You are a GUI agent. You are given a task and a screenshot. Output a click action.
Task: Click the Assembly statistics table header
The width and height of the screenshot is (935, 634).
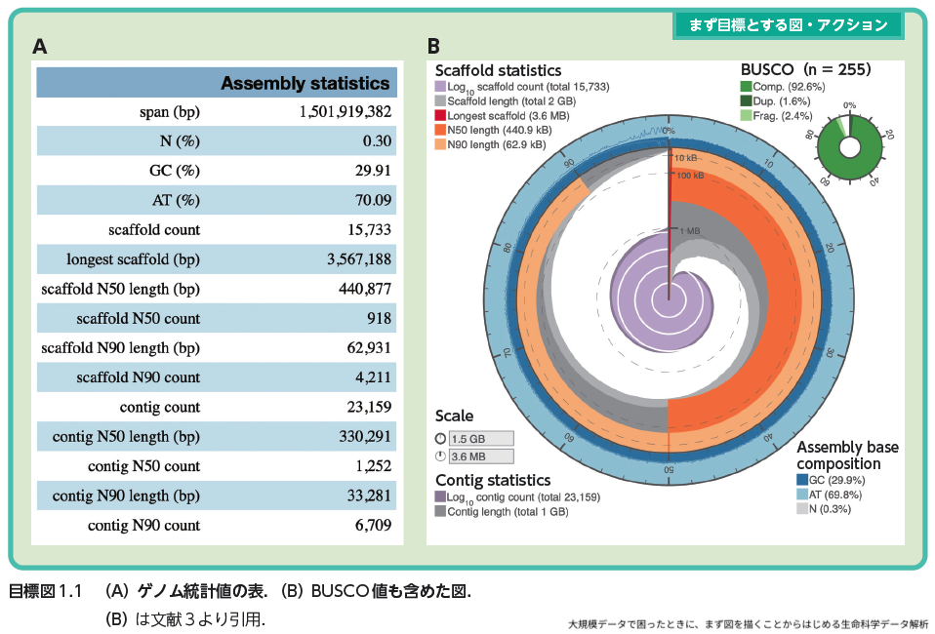[x=305, y=83]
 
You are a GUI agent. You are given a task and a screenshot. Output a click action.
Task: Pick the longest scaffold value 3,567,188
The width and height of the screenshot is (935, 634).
[x=359, y=259]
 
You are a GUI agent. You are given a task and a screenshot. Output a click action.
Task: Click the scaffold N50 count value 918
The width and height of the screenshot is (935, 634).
[x=379, y=318]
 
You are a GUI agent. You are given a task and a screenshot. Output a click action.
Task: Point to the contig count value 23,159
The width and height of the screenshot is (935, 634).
[x=366, y=407]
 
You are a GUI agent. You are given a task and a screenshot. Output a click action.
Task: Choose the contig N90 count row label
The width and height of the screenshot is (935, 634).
[x=144, y=525]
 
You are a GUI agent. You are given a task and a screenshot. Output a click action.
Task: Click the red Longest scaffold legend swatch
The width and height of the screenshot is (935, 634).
[x=440, y=116]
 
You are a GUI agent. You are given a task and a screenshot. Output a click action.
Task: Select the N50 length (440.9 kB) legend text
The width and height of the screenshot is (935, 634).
[x=498, y=130]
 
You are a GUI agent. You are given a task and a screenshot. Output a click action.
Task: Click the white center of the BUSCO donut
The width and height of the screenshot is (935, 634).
[x=849, y=148]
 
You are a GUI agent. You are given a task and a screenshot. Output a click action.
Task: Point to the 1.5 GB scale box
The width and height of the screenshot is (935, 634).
[x=480, y=439]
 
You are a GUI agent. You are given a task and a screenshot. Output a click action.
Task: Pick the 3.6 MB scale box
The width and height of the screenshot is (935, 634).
[x=480, y=456]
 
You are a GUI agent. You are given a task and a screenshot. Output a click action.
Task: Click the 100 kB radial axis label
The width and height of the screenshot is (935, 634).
[x=690, y=176]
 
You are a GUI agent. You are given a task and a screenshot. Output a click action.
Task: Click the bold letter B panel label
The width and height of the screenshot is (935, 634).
[x=433, y=46]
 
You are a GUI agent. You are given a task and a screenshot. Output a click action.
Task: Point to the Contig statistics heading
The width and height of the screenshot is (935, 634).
[x=493, y=480]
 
